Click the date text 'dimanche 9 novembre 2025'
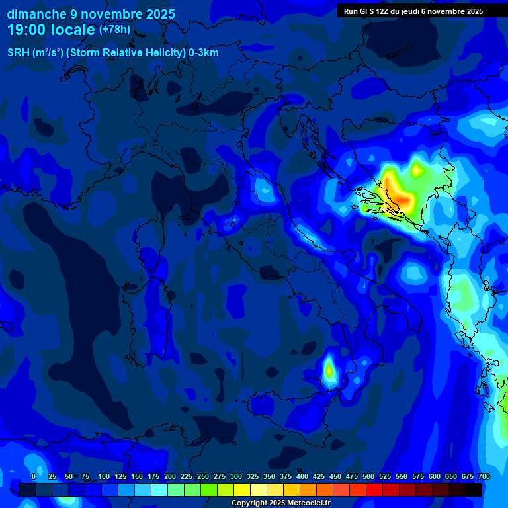(x=91, y=14)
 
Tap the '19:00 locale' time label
(x=52, y=30)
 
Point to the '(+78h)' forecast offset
(x=114, y=30)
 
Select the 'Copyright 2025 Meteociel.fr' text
(x=280, y=503)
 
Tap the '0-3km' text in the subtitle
(x=204, y=53)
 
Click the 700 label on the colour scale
(x=484, y=476)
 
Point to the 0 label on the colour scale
(x=34, y=476)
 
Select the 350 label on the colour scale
(x=269, y=476)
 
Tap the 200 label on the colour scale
(x=170, y=476)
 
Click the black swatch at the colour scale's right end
(x=474, y=489)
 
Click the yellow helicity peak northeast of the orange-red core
(x=416, y=170)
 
